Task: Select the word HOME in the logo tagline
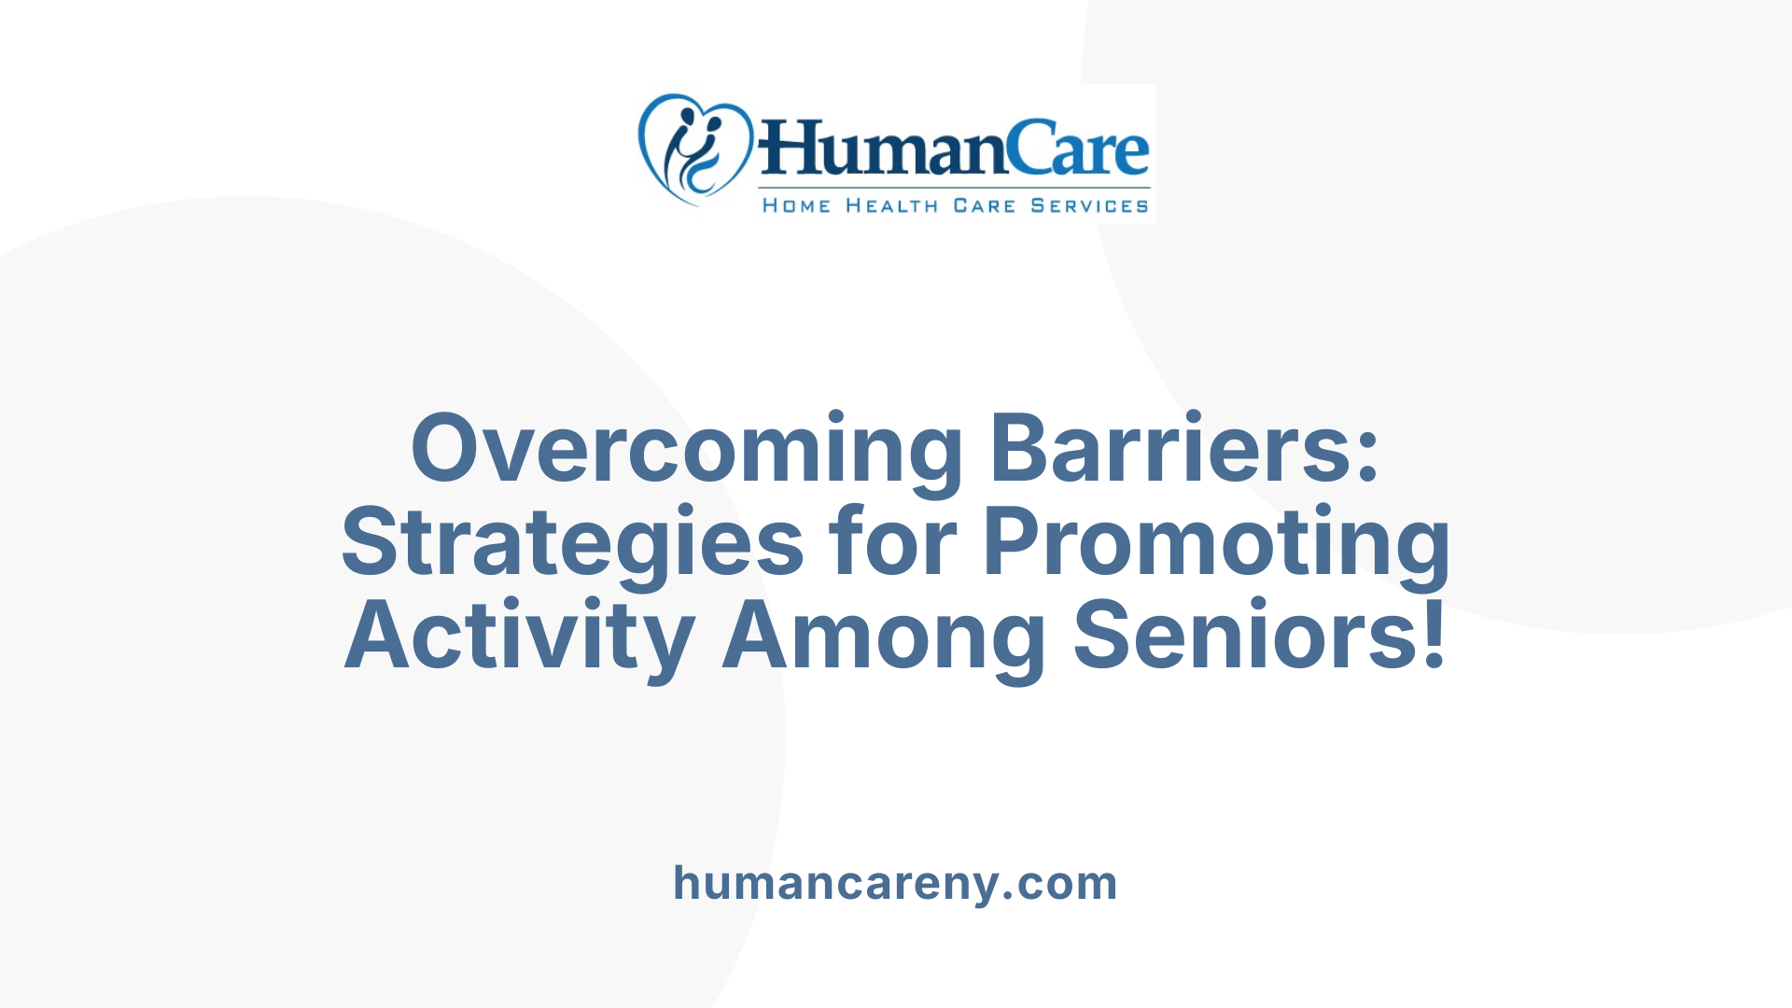[x=796, y=206]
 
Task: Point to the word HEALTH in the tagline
[x=891, y=206]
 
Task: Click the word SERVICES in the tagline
[x=1089, y=206]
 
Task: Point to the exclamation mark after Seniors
[x=1435, y=635]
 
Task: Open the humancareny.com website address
[x=895, y=883]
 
